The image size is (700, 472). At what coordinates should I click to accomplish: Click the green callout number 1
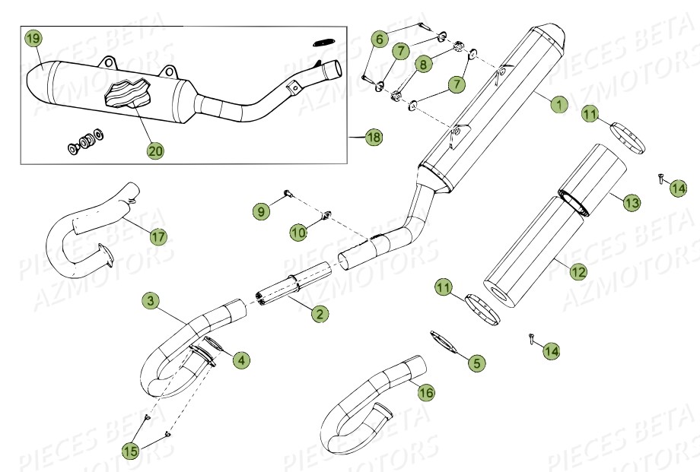558,103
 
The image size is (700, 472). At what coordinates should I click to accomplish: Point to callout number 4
240,360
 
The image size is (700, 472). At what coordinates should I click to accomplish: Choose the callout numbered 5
476,363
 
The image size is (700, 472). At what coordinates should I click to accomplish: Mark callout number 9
261,211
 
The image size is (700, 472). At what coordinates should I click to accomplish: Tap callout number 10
298,230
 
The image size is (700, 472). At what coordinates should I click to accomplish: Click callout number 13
631,202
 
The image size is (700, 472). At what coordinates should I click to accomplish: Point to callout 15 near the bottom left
131,451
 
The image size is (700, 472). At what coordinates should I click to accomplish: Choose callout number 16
426,392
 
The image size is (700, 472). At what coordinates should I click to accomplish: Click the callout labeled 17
157,237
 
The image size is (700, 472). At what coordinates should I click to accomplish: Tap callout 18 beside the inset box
373,138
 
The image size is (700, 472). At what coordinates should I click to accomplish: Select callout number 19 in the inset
32,38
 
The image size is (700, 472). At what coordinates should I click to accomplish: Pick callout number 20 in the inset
155,150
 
